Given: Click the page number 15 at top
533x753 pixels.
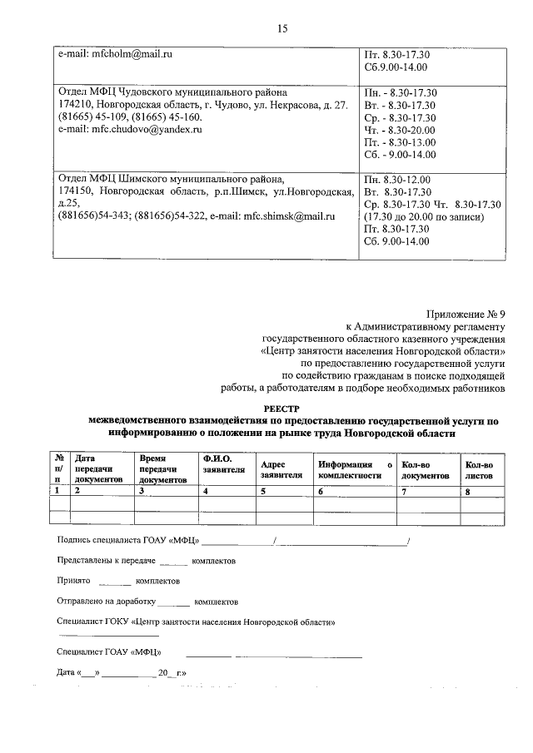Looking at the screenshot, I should pyautogui.click(x=281, y=29).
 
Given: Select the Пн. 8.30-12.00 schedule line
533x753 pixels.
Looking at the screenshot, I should pyautogui.click(x=397, y=179).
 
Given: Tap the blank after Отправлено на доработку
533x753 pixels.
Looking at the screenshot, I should pyautogui.click(x=173, y=601).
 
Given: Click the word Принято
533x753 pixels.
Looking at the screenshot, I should pyautogui.click(x=73, y=581).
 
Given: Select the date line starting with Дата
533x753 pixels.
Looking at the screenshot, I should pyautogui.click(x=121, y=672).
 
